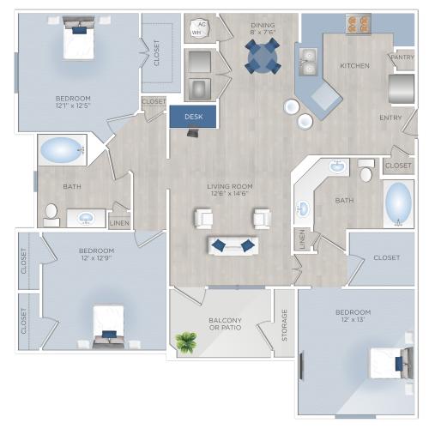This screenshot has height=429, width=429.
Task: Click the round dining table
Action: (x=263, y=57)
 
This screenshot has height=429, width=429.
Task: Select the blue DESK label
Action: (x=194, y=115)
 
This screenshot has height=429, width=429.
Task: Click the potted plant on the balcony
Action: (x=184, y=343)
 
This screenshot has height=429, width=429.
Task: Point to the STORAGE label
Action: (x=285, y=326)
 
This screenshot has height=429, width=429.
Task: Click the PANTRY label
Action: (x=402, y=58)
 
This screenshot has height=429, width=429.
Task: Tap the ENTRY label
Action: (x=392, y=118)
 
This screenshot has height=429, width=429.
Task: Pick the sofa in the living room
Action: (x=233, y=245)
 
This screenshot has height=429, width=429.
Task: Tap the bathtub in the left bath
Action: (x=62, y=151)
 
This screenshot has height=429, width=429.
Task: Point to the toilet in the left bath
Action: (x=51, y=211)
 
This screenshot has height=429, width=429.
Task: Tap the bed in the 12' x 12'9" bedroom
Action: (x=108, y=326)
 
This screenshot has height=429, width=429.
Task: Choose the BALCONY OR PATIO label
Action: (x=225, y=326)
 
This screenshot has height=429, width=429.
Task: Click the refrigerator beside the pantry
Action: (x=402, y=88)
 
